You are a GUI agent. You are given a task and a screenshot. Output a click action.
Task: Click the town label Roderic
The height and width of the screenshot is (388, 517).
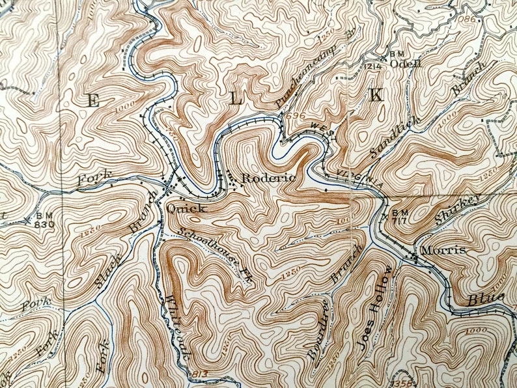(x=268, y=178)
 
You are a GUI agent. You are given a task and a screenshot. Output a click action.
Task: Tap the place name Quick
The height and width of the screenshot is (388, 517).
(x=187, y=208)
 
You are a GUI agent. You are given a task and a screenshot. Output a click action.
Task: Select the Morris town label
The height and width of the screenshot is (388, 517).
(x=443, y=251)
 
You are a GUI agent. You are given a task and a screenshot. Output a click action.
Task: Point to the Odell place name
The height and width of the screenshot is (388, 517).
(x=406, y=64)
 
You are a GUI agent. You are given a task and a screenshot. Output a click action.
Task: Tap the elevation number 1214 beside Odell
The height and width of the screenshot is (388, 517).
(x=372, y=66)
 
